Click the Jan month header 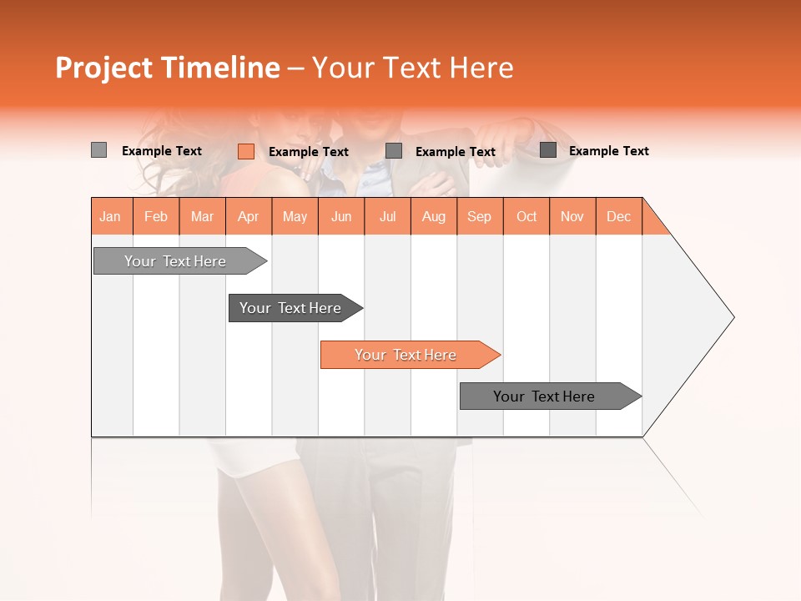click(110, 216)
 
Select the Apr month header click(249, 216)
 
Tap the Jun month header click(341, 216)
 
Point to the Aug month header click(434, 216)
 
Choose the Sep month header click(480, 216)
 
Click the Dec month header click(618, 216)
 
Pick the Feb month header click(156, 216)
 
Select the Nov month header click(572, 216)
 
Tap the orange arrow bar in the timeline click(407, 355)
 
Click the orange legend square click(246, 151)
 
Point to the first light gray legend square click(98, 150)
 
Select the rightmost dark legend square click(548, 150)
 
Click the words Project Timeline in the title click(167, 68)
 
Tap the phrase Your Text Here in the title click(413, 68)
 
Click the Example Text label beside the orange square click(309, 152)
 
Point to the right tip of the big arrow click(732, 317)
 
